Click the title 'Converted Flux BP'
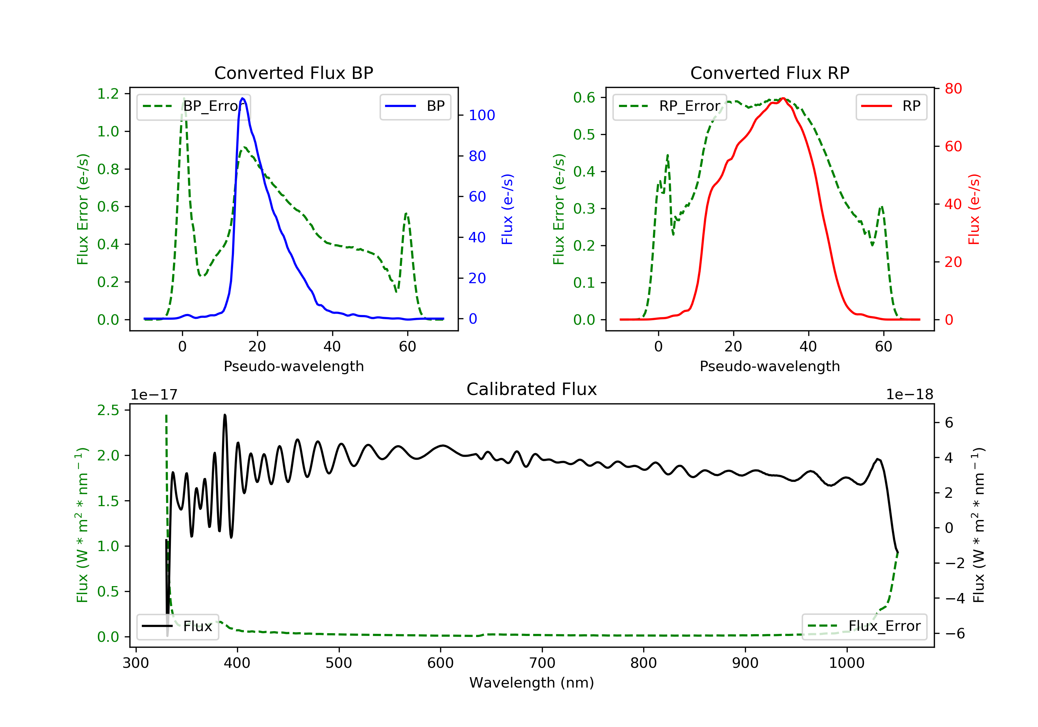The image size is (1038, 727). (293, 73)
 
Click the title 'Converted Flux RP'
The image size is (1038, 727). (770, 73)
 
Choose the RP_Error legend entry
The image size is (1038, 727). (670, 106)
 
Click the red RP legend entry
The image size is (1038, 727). (891, 106)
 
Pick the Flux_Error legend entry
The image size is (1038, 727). (864, 626)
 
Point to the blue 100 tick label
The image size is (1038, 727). (482, 115)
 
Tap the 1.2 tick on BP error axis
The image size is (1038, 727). (108, 94)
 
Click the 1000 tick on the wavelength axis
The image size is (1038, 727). (846, 663)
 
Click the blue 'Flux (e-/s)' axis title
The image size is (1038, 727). (507, 209)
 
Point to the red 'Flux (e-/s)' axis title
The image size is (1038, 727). (973, 209)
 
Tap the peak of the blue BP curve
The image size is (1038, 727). (243, 98)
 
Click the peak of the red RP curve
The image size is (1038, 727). (783, 98)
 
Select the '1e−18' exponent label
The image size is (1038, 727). (909, 395)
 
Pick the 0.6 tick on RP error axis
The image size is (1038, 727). (584, 97)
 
